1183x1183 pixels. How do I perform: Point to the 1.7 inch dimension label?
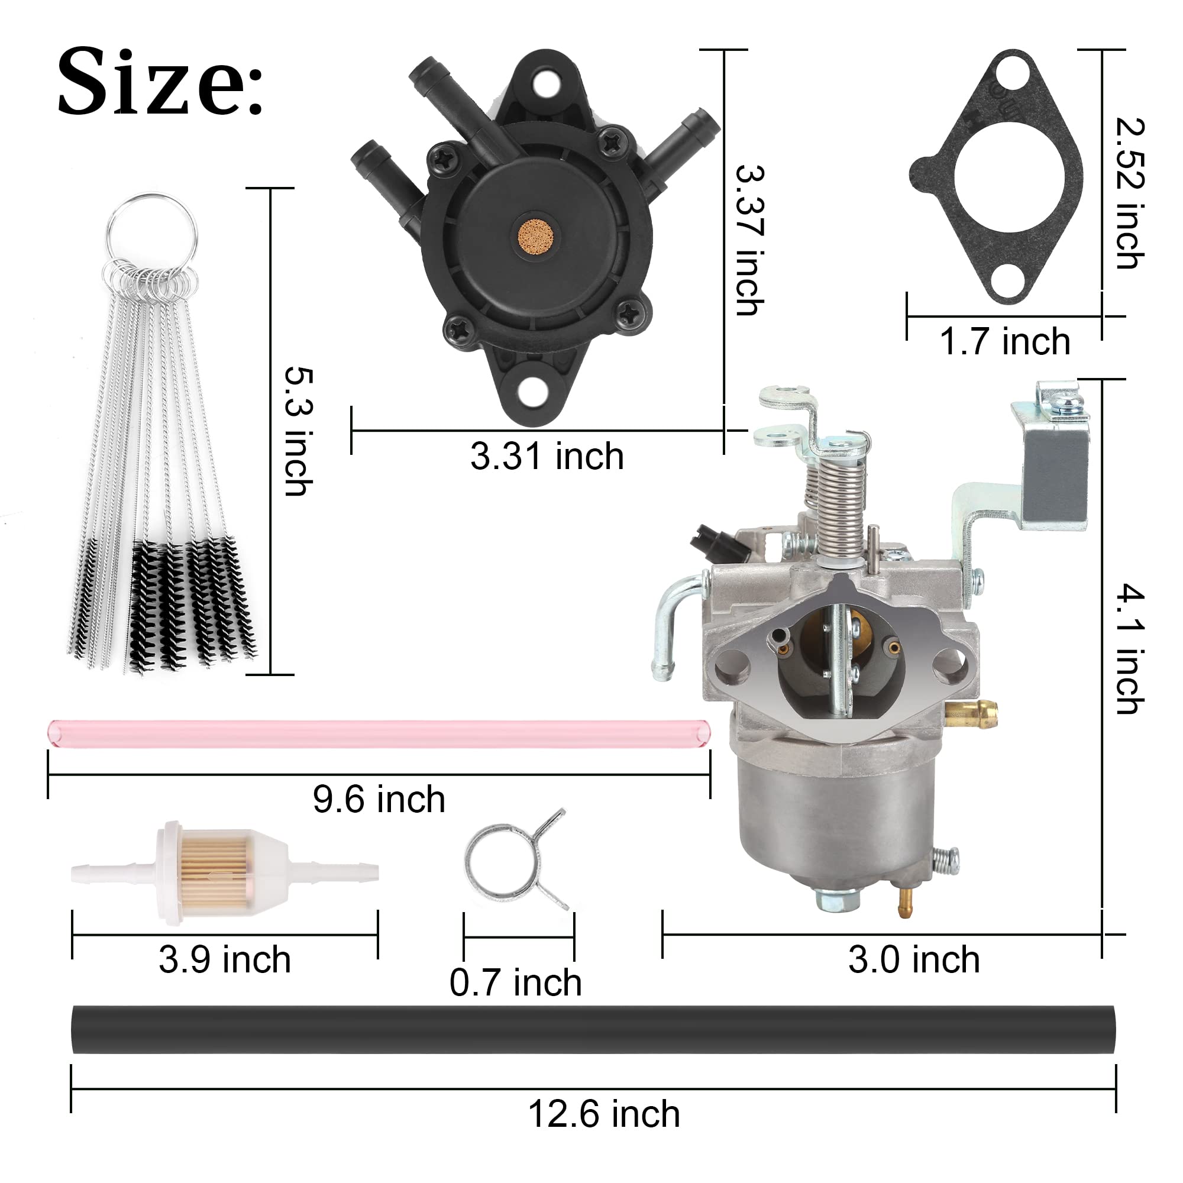(x=1004, y=342)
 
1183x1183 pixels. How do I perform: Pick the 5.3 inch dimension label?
(x=299, y=431)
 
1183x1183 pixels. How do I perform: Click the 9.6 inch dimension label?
(x=379, y=799)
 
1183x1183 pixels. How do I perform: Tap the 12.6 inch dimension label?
(x=604, y=1114)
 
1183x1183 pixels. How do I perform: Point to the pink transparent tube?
(x=379, y=733)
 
